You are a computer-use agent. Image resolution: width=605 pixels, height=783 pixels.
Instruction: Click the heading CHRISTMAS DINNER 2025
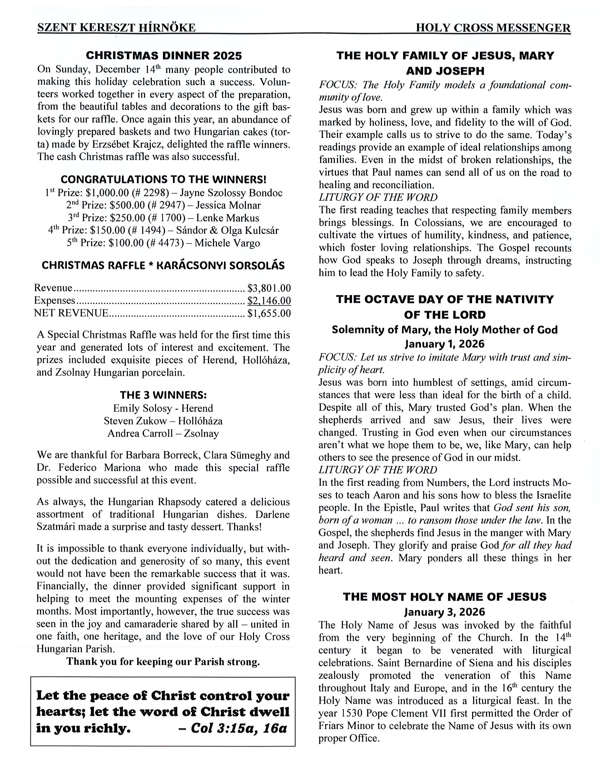pyautogui.click(x=164, y=56)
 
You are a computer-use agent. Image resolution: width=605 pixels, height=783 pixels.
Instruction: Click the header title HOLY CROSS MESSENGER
pyautogui.click(x=493, y=28)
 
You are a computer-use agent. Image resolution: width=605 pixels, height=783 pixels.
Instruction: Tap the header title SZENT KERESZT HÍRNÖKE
pyautogui.click(x=116, y=28)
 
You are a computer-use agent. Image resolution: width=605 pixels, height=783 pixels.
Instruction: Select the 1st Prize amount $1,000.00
pyautogui.click(x=107, y=193)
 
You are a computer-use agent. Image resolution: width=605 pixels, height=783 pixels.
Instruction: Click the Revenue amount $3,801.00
pyautogui.click(x=269, y=288)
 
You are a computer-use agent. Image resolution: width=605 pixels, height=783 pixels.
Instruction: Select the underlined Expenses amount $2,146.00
pyautogui.click(x=269, y=300)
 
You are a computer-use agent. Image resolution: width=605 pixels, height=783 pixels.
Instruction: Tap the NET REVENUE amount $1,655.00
pyautogui.click(x=269, y=313)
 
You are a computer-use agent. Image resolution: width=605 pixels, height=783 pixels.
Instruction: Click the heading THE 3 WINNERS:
pyautogui.click(x=163, y=395)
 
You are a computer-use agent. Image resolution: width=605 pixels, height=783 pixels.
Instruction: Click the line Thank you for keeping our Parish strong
pyautogui.click(x=163, y=662)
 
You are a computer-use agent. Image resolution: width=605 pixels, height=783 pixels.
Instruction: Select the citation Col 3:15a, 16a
pyautogui.click(x=239, y=728)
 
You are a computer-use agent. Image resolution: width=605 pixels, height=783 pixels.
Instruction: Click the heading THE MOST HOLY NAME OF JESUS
pyautogui.click(x=445, y=597)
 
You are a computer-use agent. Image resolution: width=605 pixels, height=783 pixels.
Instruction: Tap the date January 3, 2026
pyautogui.click(x=445, y=612)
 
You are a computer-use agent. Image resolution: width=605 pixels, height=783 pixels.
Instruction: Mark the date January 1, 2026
pyautogui.click(x=445, y=344)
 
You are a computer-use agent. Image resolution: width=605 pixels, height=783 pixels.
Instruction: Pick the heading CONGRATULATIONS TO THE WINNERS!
pyautogui.click(x=163, y=179)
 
